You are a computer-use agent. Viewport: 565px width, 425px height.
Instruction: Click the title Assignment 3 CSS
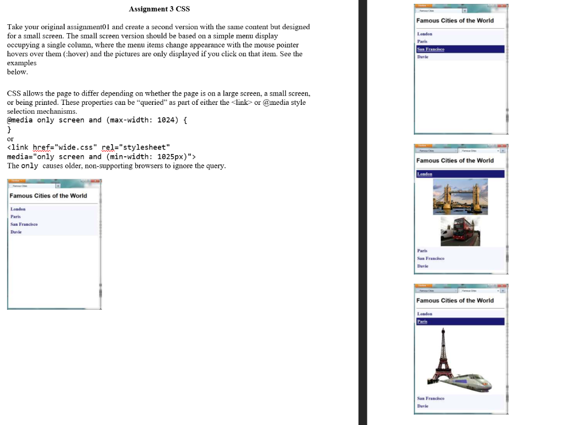coord(159,9)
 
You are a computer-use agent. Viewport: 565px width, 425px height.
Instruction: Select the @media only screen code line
coord(97,120)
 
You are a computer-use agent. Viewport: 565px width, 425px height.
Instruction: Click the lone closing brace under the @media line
coord(9,129)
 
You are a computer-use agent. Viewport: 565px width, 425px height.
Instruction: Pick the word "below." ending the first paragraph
coord(17,72)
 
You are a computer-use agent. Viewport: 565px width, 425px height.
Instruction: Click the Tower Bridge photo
coord(460,196)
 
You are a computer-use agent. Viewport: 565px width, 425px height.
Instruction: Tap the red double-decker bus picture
coord(460,231)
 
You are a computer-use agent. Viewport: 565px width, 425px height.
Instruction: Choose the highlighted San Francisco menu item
coord(431,49)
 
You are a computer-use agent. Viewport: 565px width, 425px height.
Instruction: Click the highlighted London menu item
coord(425,174)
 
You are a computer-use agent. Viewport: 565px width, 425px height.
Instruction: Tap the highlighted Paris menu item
coord(422,321)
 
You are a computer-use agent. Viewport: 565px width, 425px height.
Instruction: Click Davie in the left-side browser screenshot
coord(16,232)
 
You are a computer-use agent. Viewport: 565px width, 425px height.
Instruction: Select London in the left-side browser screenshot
coord(18,209)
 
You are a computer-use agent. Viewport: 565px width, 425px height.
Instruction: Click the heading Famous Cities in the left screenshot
coord(48,196)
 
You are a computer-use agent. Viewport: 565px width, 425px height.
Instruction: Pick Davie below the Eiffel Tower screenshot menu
coord(423,406)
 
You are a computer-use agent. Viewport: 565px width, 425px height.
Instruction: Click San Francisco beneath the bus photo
coord(430,258)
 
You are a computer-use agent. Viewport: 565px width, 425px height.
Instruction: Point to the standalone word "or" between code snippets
coord(10,139)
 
